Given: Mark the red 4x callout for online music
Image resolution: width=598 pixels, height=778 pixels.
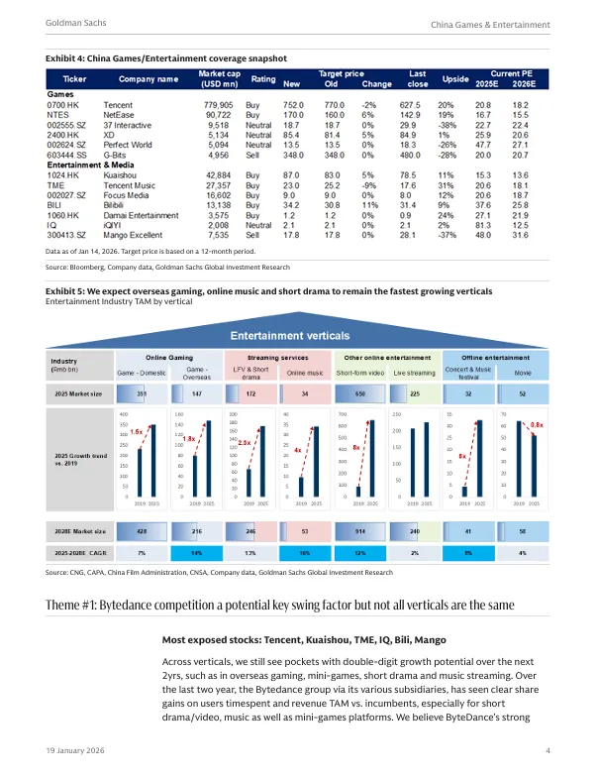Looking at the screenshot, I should (x=298, y=451).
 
